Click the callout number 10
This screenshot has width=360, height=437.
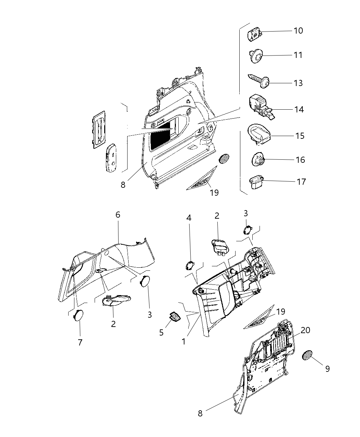point(298,31)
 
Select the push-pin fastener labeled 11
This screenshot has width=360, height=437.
point(256,56)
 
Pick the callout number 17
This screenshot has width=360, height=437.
point(301,181)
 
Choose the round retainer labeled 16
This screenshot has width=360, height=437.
point(259,160)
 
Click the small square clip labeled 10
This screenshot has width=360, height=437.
point(254,35)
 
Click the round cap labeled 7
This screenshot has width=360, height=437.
point(79,315)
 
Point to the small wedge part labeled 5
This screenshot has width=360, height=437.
point(175,317)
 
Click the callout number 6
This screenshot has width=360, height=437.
point(118,215)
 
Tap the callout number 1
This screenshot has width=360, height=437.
point(184,341)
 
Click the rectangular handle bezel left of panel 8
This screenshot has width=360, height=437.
point(99,130)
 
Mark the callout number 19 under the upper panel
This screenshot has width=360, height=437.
point(214,193)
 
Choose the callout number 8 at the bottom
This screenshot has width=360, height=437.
point(200,413)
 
